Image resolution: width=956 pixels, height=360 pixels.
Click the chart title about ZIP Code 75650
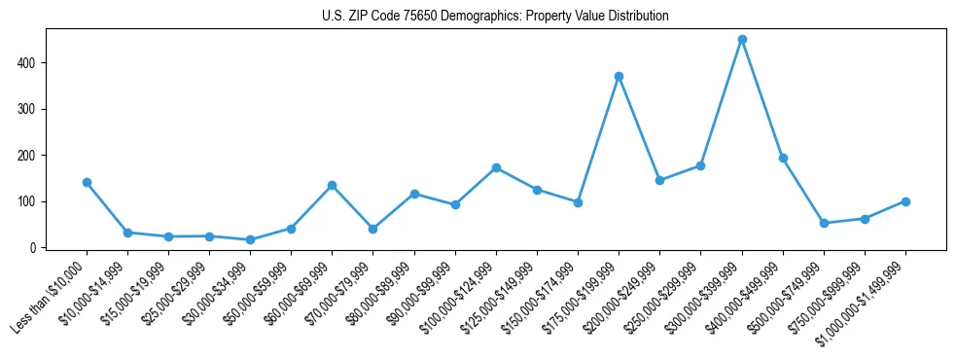(x=495, y=17)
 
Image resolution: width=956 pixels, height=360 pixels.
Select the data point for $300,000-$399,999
(x=742, y=40)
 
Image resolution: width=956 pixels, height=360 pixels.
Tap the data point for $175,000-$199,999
(x=619, y=77)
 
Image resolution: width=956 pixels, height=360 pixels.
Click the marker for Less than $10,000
(x=87, y=182)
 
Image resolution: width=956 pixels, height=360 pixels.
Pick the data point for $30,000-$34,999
(x=251, y=239)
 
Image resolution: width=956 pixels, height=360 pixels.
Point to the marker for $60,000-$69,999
(x=333, y=185)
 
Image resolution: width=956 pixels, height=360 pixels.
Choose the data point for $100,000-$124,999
(x=496, y=167)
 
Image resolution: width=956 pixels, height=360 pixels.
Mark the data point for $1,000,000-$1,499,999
(x=905, y=201)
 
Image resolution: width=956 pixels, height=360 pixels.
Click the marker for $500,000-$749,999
(x=824, y=223)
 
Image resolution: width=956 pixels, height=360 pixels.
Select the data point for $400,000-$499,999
(x=783, y=158)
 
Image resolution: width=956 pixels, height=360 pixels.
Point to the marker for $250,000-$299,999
(x=701, y=165)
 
